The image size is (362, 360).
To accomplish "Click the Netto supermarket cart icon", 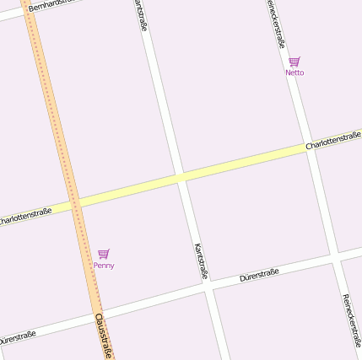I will click(x=294, y=62).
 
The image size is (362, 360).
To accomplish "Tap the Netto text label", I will click(x=294, y=73).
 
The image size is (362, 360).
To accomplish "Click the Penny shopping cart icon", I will click(x=103, y=254).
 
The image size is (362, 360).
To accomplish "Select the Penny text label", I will click(x=104, y=266).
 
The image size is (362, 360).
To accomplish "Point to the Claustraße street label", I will click(x=104, y=335).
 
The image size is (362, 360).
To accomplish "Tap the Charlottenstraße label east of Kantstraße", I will click(x=333, y=141).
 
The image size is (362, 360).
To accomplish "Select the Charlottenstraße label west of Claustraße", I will click(x=24, y=216).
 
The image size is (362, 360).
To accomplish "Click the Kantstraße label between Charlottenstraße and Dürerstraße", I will click(x=201, y=261).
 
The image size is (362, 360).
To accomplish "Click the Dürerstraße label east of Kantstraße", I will click(x=259, y=274).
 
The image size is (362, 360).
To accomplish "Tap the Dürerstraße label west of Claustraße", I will click(x=17, y=337).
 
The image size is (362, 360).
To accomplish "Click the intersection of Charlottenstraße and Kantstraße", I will click(x=180, y=177).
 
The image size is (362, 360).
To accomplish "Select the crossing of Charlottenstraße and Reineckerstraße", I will click(x=311, y=148).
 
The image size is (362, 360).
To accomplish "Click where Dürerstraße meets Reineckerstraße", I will click(x=338, y=255).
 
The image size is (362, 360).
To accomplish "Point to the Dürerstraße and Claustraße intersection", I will click(x=95, y=314).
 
